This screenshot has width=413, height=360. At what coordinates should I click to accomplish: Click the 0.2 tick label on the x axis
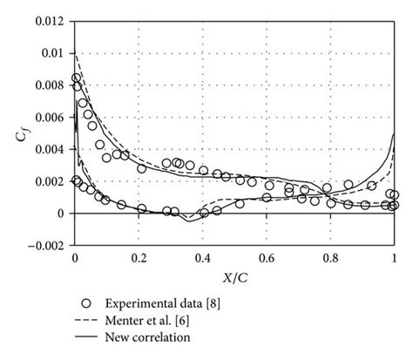pyautogui.click(x=139, y=259)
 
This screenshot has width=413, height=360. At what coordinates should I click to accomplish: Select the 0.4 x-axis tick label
pyautogui.click(x=203, y=259)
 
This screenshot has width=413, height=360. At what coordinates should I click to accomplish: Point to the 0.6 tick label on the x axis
pyautogui.click(x=267, y=259)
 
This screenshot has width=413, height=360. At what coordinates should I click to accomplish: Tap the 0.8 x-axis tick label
pyautogui.click(x=330, y=259)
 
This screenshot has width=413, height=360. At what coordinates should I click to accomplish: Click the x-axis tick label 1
pyautogui.click(x=395, y=259)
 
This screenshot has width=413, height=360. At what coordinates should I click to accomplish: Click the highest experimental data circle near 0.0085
pyautogui.click(x=76, y=78)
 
